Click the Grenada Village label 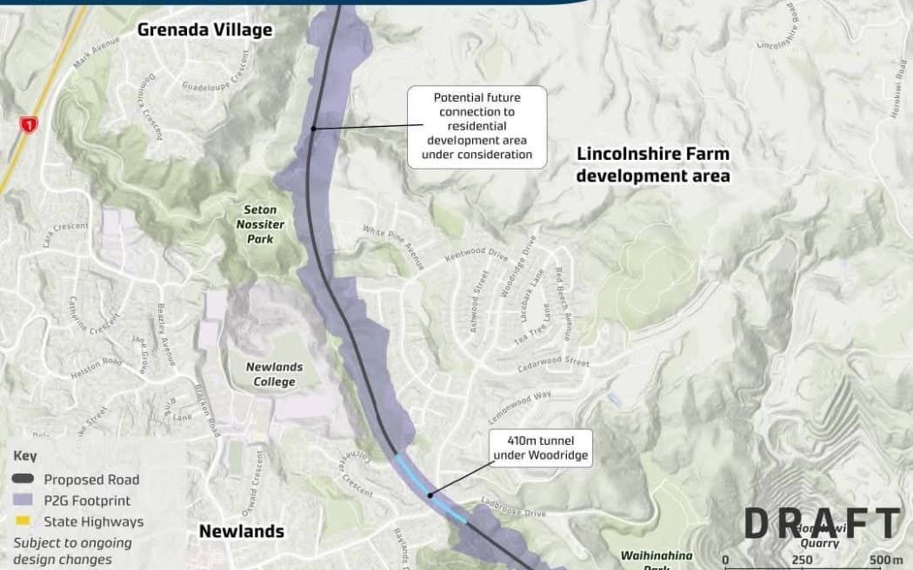coord(205,30)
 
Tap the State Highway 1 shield coord(29,125)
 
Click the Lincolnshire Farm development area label coord(653,164)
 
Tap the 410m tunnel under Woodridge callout coord(540,447)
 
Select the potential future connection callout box coord(476,126)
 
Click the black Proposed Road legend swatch coord(26,480)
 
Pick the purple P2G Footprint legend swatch coord(26,500)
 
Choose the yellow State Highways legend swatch coord(26,522)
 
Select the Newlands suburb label coord(242,531)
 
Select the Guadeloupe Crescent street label coord(221,80)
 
